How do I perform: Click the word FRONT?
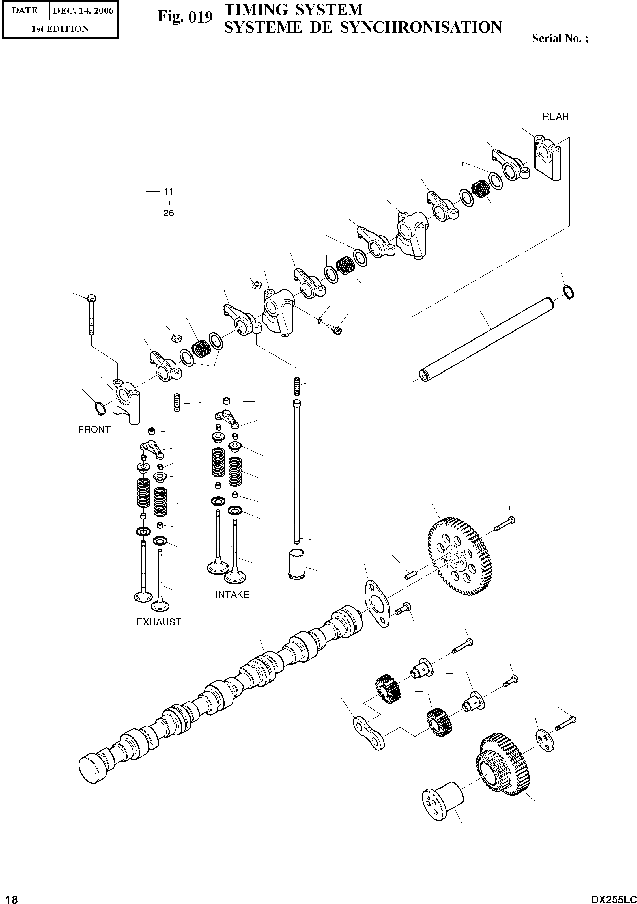94,430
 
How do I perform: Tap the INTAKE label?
232,595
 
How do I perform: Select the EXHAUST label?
159,622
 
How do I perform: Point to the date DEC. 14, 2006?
83,11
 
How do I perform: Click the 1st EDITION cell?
60,29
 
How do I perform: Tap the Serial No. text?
560,38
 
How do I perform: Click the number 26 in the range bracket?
169,213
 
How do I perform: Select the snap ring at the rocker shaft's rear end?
569,292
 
